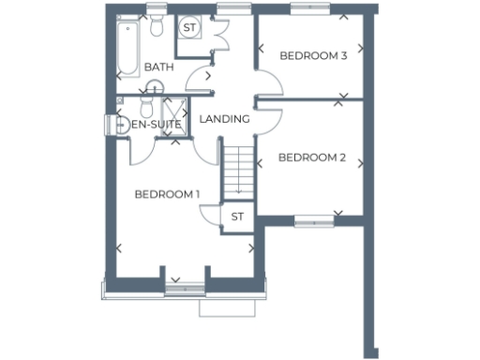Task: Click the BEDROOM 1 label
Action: point(168,194)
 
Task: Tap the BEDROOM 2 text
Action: point(312,157)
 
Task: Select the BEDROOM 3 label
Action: point(313,56)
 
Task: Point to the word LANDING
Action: point(224,119)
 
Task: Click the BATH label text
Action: point(158,67)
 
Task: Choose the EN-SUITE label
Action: point(156,124)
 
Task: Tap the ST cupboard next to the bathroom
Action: point(190,27)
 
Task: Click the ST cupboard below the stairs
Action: point(237,217)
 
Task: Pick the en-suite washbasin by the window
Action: point(120,124)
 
